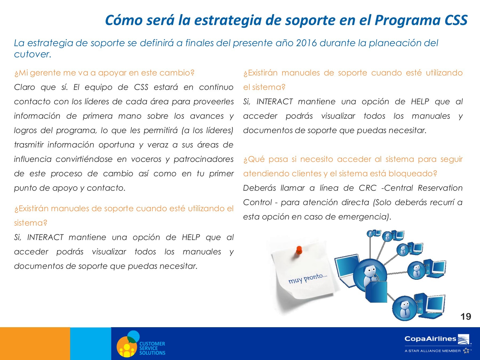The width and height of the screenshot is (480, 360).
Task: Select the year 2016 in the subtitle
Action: pos(306,43)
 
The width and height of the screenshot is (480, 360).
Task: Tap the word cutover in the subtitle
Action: pos(32,54)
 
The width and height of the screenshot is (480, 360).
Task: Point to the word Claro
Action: pos(25,87)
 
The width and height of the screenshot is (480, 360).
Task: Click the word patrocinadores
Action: pos(203,159)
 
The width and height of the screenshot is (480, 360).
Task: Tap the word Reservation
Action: pos(440,188)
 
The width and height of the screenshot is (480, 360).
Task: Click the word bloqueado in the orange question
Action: pos(413,174)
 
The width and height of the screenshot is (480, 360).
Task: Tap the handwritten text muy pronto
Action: pos(308,278)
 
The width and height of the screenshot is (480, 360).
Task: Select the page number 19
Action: pos(466,317)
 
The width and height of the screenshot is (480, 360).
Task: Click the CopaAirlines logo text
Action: pos(430,339)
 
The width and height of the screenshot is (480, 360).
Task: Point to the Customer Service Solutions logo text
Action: pos(152,348)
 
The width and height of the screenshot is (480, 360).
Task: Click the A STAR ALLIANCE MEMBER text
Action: pos(433,351)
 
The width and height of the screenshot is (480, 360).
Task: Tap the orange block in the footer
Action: pos(35,343)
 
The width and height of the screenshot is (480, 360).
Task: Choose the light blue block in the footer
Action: pos(91,343)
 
